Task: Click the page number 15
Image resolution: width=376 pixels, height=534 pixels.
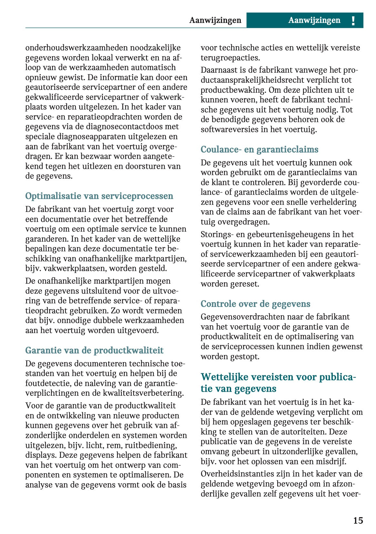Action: click(x=358, y=520)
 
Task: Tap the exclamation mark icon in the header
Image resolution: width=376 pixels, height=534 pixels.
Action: click(x=353, y=21)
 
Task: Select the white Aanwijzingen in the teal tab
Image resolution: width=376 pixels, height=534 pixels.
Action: click(x=314, y=20)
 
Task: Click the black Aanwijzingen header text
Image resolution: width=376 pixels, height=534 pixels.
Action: click(x=215, y=20)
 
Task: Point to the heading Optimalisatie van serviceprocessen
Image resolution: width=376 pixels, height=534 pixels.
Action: click(x=99, y=196)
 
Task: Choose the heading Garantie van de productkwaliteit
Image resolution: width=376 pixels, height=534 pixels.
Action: click(x=94, y=351)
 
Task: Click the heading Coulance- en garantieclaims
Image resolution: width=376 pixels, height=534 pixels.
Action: click(x=259, y=150)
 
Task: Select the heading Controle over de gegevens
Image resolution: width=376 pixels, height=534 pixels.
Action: click(x=255, y=304)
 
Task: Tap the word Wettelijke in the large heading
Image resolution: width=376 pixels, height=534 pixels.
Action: click(x=224, y=377)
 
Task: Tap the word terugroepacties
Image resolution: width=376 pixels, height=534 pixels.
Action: click(x=230, y=58)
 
